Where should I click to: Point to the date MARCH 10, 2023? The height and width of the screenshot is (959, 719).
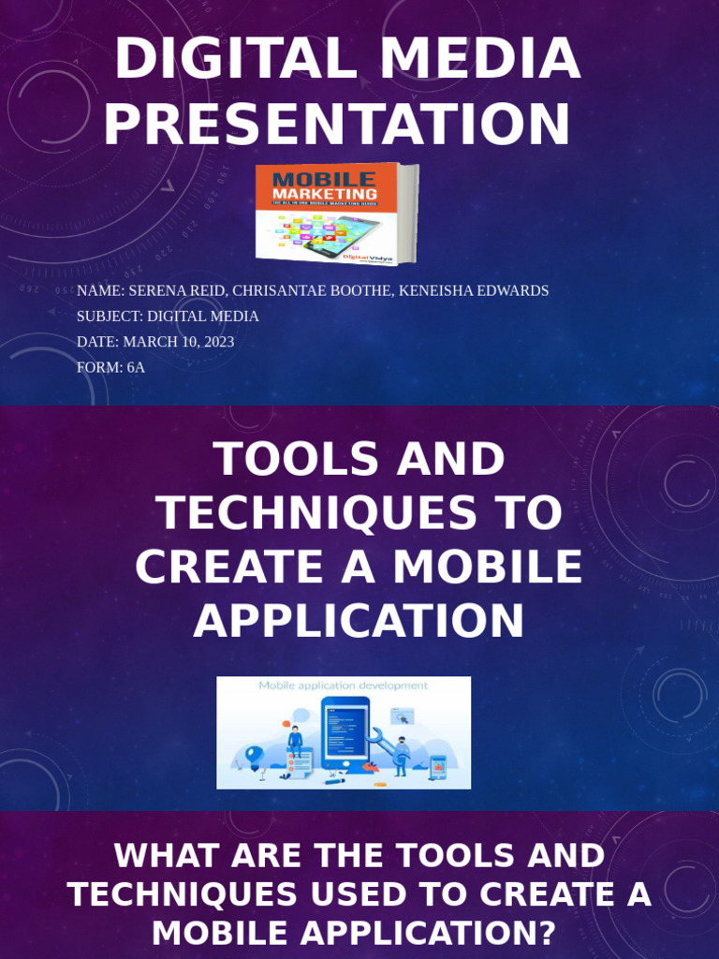179,342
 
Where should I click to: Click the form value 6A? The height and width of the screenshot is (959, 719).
136,367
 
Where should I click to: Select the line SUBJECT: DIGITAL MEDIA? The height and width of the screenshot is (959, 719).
168,317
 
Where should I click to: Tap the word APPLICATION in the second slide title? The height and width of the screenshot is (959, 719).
359,621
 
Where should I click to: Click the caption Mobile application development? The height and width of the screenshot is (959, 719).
343,686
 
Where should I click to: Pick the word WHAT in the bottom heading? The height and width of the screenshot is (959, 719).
164,856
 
